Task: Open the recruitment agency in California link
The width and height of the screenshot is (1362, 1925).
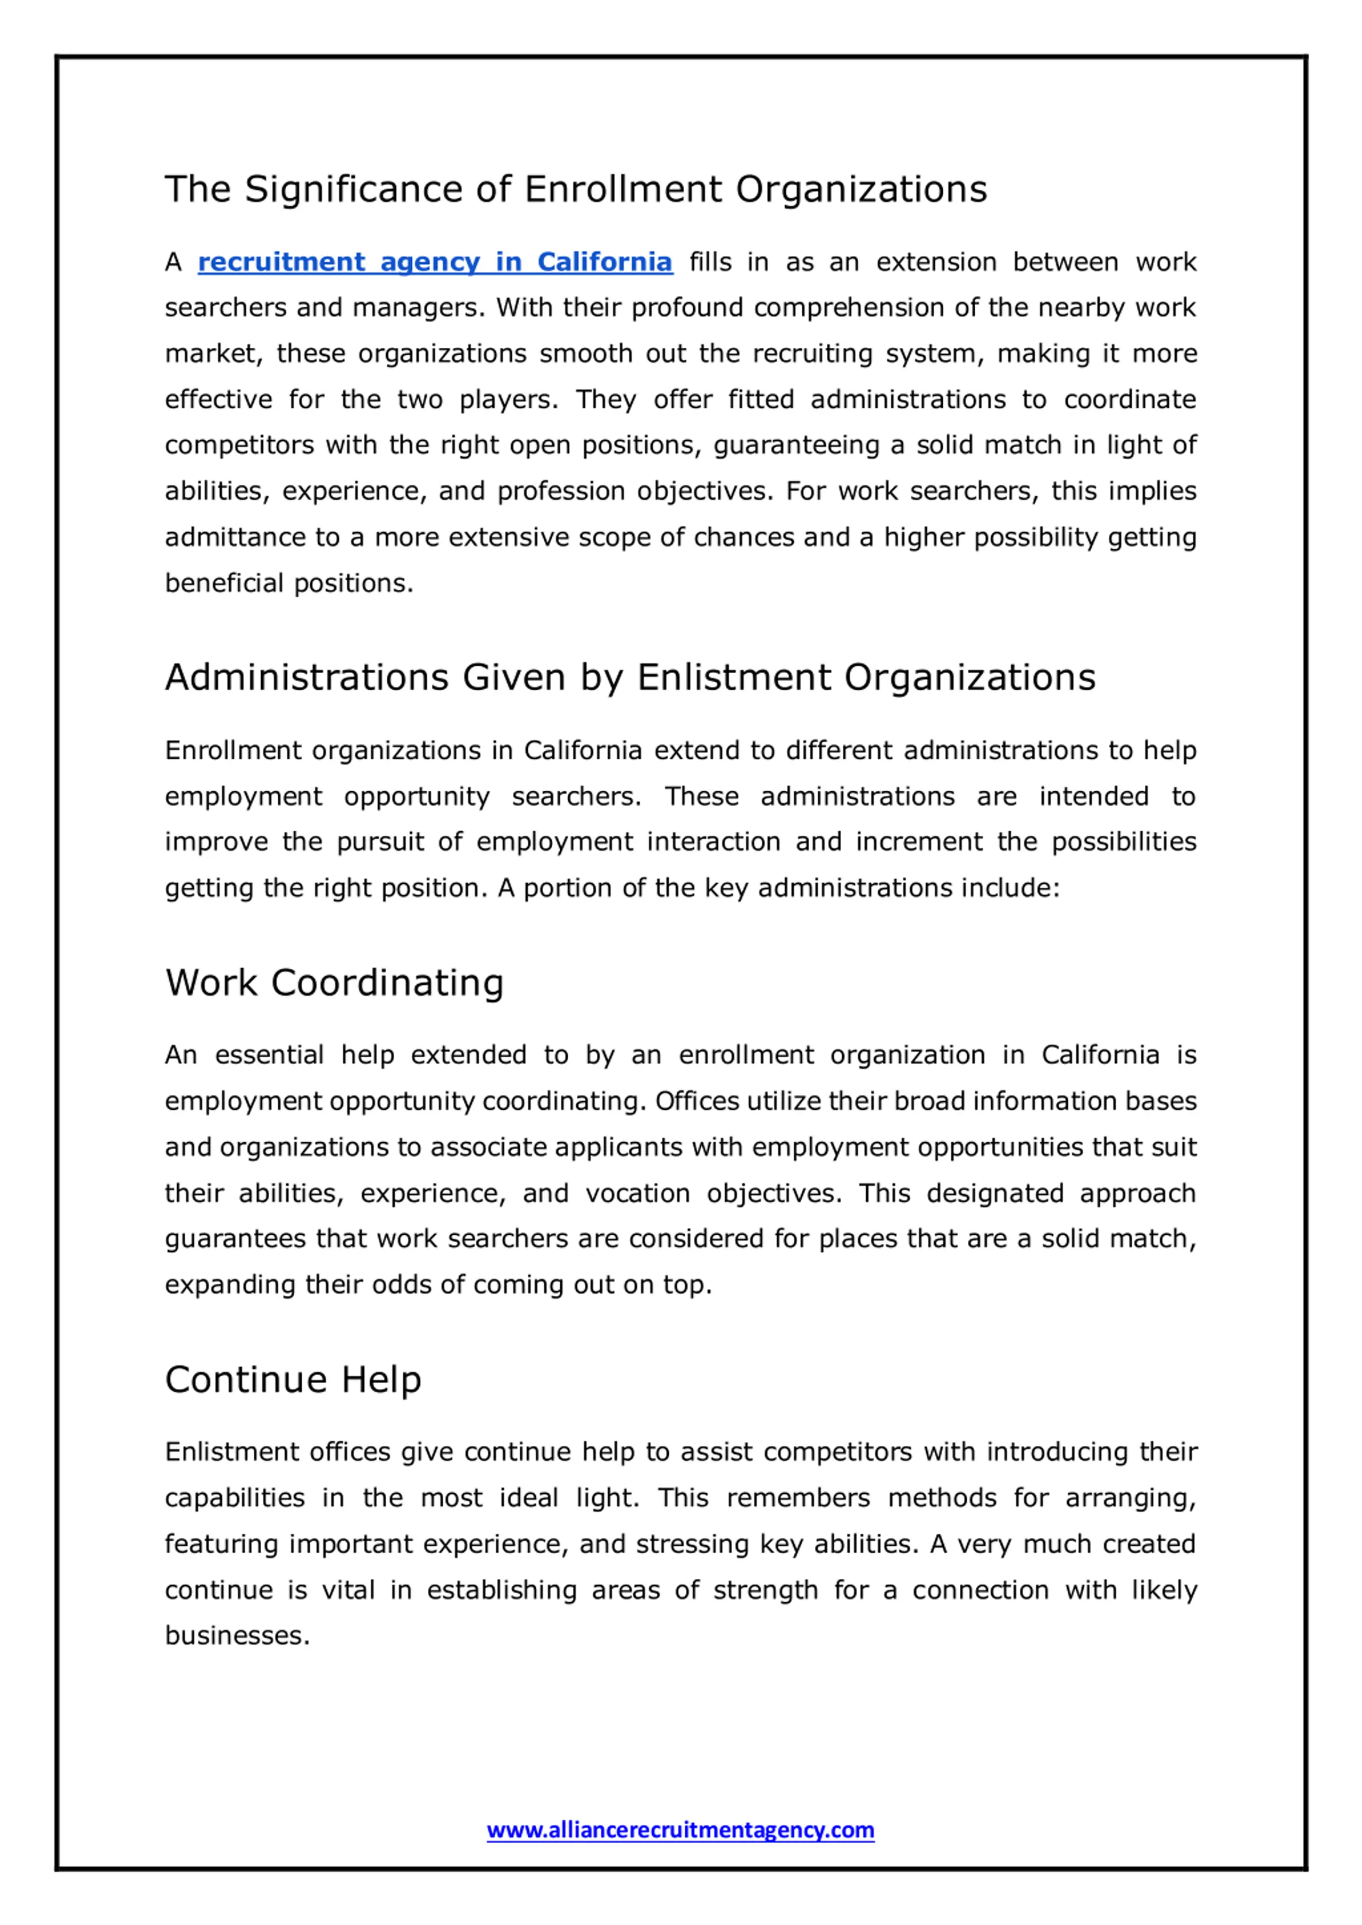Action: (x=435, y=262)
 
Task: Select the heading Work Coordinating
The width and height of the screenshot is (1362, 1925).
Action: (x=334, y=983)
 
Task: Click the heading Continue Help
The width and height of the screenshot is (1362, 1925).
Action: (x=293, y=1379)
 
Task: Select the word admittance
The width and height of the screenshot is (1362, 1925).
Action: (x=235, y=538)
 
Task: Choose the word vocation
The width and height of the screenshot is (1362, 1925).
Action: (x=637, y=1193)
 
